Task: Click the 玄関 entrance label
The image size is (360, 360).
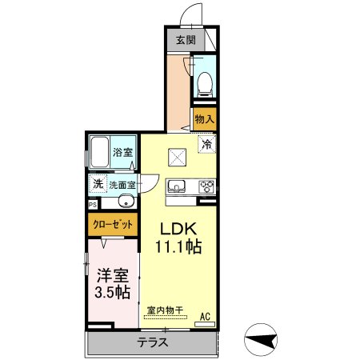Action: (186, 39)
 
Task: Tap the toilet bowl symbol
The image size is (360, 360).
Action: (204, 82)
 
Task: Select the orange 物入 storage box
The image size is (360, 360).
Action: (204, 118)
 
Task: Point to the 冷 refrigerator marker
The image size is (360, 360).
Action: (206, 145)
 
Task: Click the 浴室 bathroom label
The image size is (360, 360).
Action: (122, 152)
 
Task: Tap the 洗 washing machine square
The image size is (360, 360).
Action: (96, 182)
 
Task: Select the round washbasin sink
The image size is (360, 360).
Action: (126, 201)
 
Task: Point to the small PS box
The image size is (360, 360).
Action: (92, 204)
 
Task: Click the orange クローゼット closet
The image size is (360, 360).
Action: (111, 224)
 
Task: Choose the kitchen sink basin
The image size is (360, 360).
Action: (177, 187)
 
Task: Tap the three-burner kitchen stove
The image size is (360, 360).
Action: (206, 187)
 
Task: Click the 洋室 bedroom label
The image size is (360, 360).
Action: (111, 274)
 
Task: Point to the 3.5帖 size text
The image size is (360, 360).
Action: (111, 293)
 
